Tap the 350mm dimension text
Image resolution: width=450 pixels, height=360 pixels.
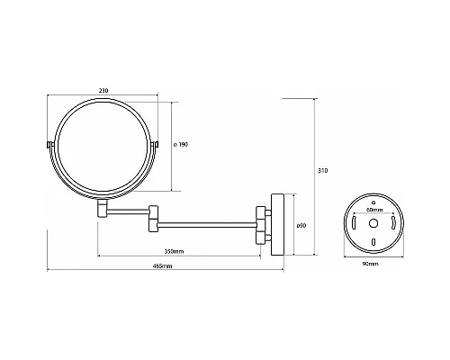coord(175,251)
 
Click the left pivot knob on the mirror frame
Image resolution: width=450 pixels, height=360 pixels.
coord(48,145)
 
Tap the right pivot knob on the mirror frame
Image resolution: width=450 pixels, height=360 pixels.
coord(157,145)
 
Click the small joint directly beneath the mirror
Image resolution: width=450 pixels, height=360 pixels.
coord(103,209)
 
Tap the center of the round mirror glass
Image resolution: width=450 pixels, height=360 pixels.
coord(103,145)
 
